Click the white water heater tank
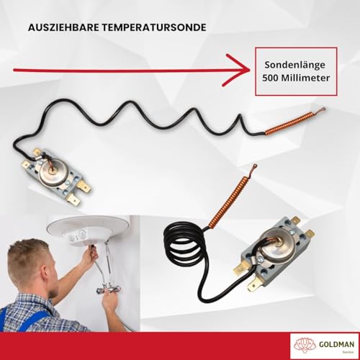(x=86, y=229)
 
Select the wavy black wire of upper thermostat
(x=158, y=115)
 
